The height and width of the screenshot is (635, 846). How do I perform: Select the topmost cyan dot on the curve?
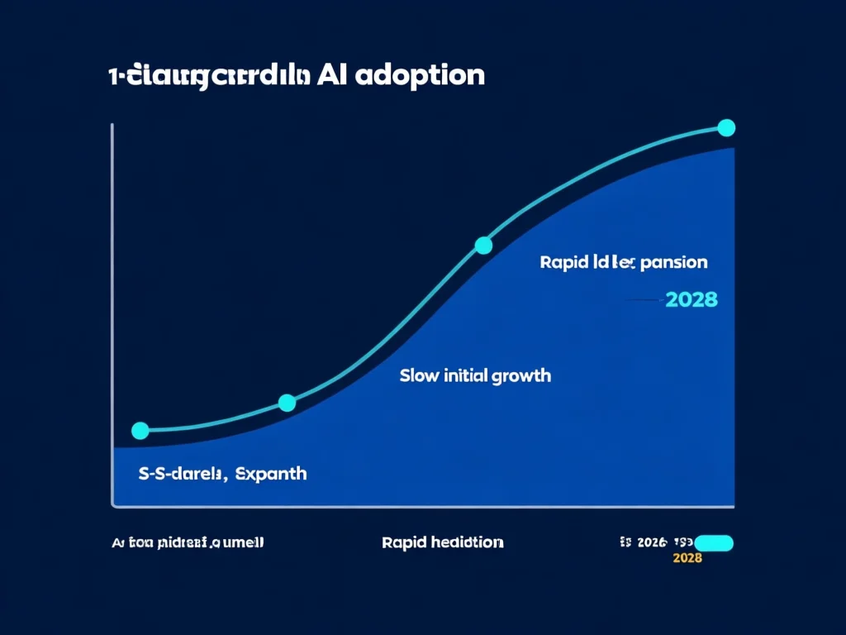click(726, 127)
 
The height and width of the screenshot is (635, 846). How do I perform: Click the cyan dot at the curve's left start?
click(140, 431)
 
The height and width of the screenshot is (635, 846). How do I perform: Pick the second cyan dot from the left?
click(287, 403)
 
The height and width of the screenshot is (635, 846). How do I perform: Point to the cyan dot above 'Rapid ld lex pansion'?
click(484, 245)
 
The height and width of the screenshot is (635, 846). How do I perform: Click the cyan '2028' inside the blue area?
click(691, 299)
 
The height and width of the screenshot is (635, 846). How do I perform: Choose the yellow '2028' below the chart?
click(688, 558)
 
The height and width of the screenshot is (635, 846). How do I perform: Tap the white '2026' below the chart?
click(652, 542)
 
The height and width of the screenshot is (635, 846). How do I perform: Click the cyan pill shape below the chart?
click(715, 542)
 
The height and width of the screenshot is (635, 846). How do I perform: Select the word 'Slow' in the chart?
click(416, 375)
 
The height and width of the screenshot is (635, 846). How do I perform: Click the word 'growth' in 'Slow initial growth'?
click(520, 376)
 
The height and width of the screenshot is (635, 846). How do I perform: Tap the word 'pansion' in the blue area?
click(674, 263)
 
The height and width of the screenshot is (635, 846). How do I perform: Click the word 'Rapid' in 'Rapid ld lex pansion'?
click(563, 263)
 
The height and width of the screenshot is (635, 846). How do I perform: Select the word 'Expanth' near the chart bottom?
click(271, 475)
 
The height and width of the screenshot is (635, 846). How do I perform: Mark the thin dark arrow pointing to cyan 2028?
click(644, 300)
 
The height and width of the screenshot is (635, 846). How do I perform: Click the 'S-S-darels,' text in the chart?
click(180, 475)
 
